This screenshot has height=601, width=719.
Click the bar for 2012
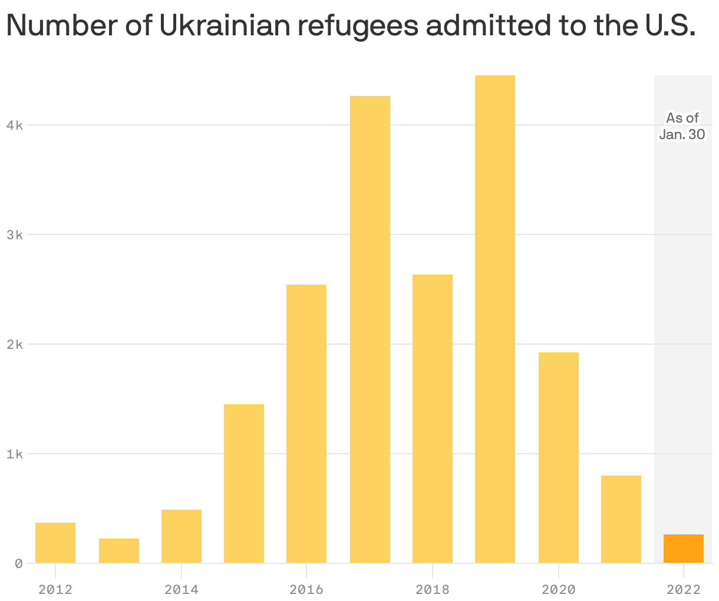click(x=55, y=543)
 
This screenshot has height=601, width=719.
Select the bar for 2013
click(x=119, y=551)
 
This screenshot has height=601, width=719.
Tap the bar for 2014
click(x=182, y=536)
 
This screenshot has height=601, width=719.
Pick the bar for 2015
click(x=244, y=483)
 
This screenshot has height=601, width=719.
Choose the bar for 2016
click(x=306, y=424)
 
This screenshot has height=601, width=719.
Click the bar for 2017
click(x=370, y=329)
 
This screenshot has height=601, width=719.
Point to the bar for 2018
click(x=433, y=418)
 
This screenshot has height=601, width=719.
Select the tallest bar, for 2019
click(x=495, y=319)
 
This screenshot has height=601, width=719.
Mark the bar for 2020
click(x=558, y=457)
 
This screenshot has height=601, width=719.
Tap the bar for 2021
click(x=621, y=519)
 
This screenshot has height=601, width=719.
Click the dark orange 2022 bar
click(x=684, y=549)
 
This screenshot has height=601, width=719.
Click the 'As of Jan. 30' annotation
click(x=682, y=126)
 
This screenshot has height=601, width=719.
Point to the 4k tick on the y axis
click(x=14, y=125)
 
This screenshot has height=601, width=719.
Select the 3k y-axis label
click(x=14, y=235)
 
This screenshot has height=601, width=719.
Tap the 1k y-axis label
click(x=14, y=454)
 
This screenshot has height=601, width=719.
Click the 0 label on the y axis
click(x=18, y=563)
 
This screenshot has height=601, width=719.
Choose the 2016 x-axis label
click(x=306, y=589)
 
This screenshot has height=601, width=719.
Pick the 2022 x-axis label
click(x=684, y=589)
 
